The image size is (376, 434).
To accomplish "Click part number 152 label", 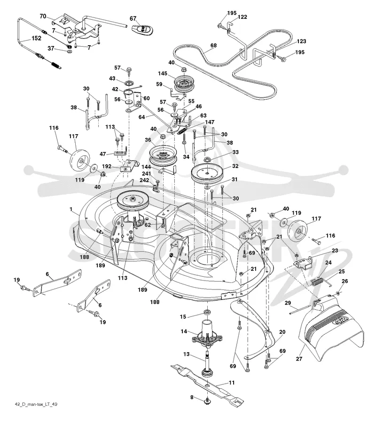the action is [x=36, y=38].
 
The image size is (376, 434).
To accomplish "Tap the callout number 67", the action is [x=133, y=18].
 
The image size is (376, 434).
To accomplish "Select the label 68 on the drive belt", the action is [x=213, y=45].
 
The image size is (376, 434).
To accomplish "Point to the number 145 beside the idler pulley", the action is [x=163, y=73].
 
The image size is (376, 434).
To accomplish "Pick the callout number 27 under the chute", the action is [x=299, y=359].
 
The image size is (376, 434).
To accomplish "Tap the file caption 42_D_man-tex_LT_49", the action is [x=36, y=404].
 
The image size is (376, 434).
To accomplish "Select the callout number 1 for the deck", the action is [x=71, y=209].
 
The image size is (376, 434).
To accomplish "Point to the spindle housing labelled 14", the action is [x=207, y=333].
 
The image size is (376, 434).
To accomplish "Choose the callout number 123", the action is [x=301, y=41].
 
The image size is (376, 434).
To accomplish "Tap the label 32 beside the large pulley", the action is [x=235, y=166].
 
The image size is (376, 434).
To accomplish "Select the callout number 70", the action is [x=43, y=16].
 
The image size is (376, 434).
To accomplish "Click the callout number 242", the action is [x=144, y=180].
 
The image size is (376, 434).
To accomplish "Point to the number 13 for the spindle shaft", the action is [x=186, y=354].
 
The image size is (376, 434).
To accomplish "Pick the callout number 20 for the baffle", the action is [x=282, y=332].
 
